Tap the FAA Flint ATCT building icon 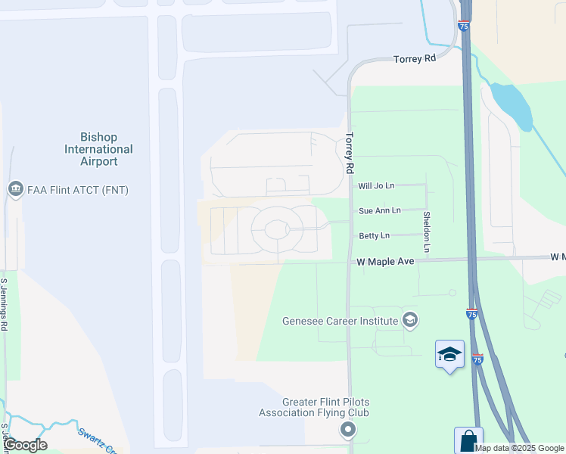[14, 189]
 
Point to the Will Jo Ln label [376, 185]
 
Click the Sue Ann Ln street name [379, 210]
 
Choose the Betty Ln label [374, 236]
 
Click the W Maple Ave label [386, 262]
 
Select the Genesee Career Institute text [340, 321]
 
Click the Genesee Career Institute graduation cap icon [410, 320]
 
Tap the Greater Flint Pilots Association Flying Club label [314, 407]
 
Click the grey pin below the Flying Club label [348, 431]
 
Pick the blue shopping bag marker [468, 440]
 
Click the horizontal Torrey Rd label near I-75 [415, 58]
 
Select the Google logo [25, 445]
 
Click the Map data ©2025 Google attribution [520, 448]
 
